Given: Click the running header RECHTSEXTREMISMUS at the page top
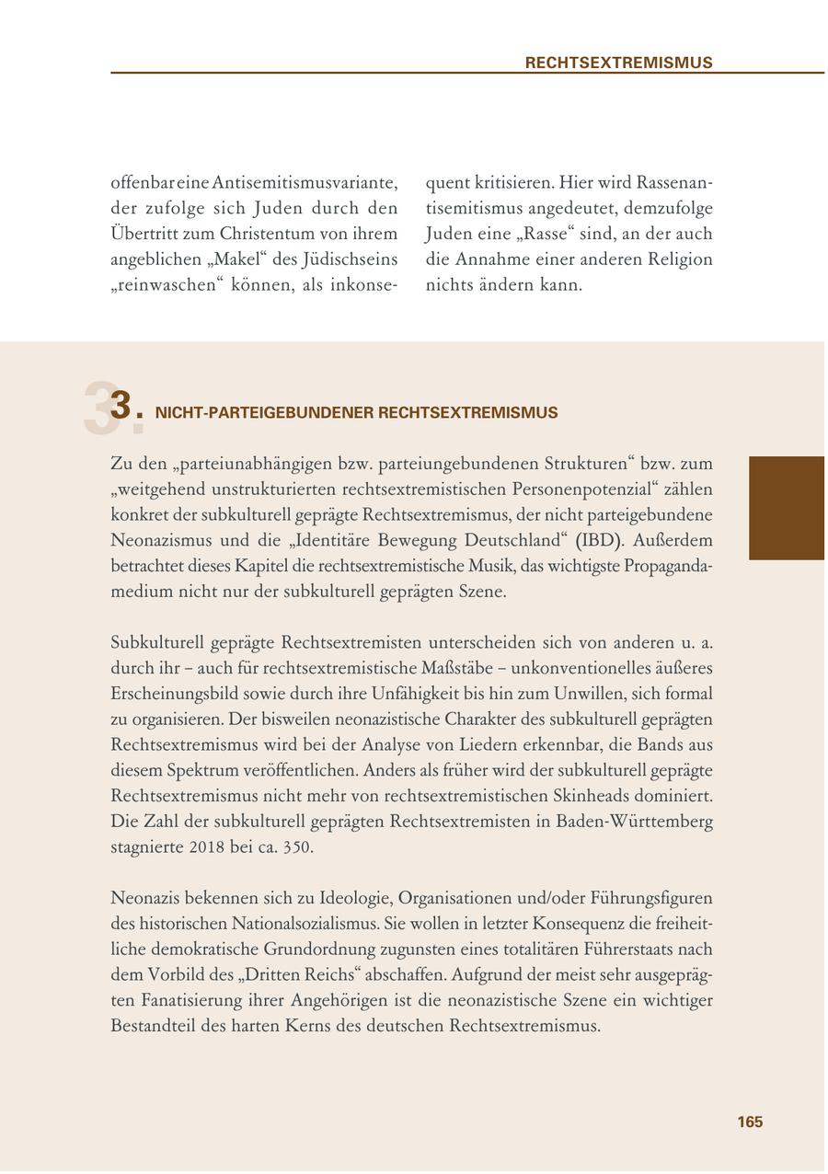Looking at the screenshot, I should (x=618, y=63).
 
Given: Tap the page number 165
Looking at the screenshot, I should (x=750, y=1122).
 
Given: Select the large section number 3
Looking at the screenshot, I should (x=121, y=406).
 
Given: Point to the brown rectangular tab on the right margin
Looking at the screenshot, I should (x=786, y=508).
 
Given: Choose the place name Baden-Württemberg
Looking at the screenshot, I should (x=634, y=821).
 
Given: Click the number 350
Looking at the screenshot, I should (x=298, y=846).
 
